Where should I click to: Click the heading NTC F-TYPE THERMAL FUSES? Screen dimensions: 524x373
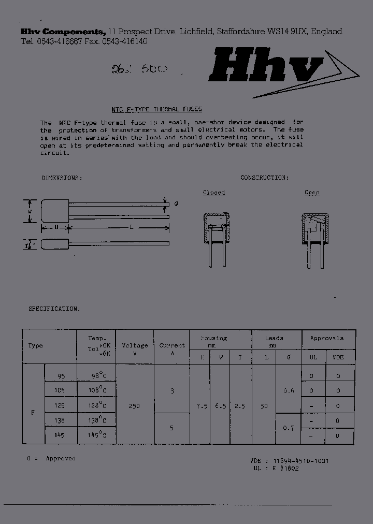pyautogui.click(x=156, y=109)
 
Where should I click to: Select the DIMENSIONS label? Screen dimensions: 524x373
pyautogui.click(x=62, y=178)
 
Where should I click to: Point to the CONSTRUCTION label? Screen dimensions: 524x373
pyautogui.click(x=264, y=178)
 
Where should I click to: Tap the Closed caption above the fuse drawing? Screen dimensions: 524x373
pyautogui.click(x=213, y=193)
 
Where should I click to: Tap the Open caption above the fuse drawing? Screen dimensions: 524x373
pyautogui.click(x=312, y=193)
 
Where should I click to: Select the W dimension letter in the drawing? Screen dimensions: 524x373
pyautogui.click(x=31, y=211)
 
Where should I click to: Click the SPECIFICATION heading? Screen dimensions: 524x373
pyautogui.click(x=54, y=309)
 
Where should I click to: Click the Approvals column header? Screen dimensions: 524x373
pyautogui.click(x=326, y=338)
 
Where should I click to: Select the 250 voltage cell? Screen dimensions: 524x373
pyautogui.click(x=134, y=406)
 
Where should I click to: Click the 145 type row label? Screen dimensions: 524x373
pyautogui.click(x=59, y=435)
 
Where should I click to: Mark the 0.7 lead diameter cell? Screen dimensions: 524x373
pyautogui.click(x=289, y=428)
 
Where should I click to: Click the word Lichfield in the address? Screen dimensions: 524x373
pyautogui.click(x=196, y=32)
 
